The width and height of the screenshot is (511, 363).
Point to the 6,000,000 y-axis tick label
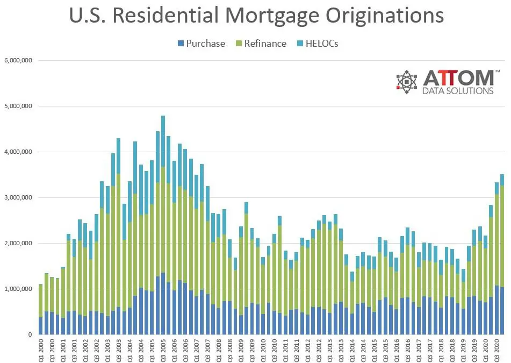click(18, 60)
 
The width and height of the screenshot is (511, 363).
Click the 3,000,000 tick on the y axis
click(18, 197)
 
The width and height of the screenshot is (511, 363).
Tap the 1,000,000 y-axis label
click(18, 289)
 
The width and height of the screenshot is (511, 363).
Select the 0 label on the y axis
click(31, 334)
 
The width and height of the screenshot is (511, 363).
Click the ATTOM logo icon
click(407, 82)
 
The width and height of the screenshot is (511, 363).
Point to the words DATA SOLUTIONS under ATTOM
click(458, 91)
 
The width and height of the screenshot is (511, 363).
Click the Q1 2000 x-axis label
click(40, 349)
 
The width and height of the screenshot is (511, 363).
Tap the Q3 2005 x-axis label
click(163, 349)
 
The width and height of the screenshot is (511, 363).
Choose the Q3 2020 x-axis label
click(496, 349)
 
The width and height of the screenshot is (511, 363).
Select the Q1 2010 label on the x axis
click(263, 349)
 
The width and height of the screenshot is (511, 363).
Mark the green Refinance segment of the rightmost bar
click(502, 237)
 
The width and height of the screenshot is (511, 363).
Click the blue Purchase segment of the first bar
click(40, 326)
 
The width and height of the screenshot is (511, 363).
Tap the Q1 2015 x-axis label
click(374, 349)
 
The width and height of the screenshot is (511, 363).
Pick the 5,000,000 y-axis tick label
click(18, 106)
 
